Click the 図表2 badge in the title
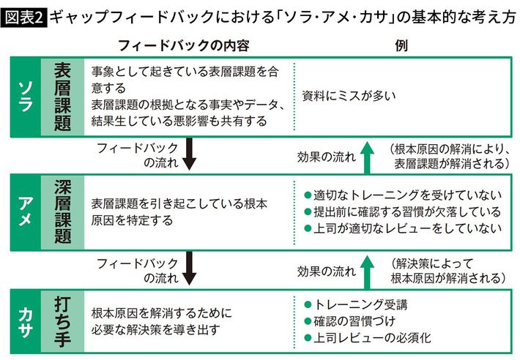(25, 14)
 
